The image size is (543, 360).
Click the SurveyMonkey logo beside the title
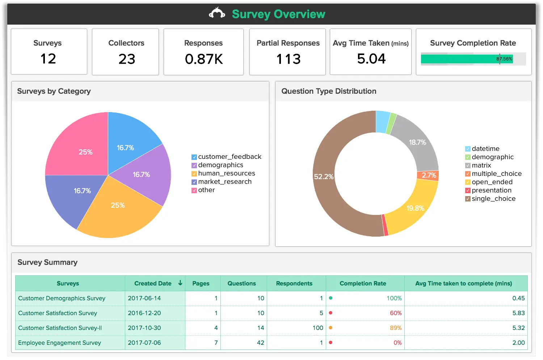217,13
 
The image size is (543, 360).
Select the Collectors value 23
127,59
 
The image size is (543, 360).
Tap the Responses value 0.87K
204,59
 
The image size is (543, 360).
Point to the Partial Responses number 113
288,59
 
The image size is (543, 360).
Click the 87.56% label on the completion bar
504,59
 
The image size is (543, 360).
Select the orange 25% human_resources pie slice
118,208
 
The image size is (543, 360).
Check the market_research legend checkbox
194,182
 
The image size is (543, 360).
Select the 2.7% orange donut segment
429,175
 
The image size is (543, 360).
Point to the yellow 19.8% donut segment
416,208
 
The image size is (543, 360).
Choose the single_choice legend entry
493,199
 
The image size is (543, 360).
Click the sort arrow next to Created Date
180,283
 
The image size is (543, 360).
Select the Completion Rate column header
363,283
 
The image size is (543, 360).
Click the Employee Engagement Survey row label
59,343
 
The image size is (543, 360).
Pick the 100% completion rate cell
394,298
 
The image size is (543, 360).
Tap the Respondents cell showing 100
317,328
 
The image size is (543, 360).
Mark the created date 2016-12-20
144,313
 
